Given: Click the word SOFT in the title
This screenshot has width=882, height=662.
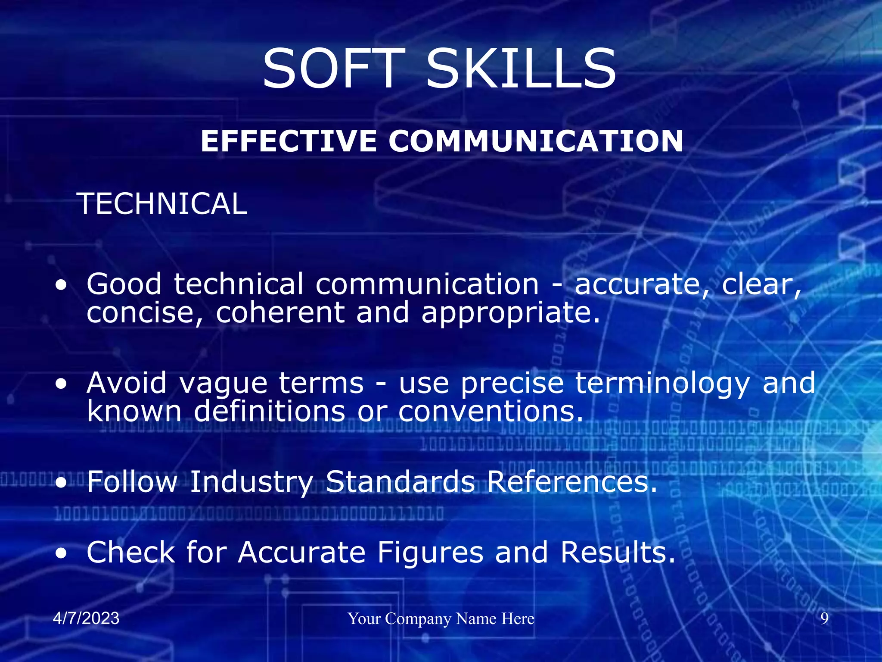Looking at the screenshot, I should coord(334,69).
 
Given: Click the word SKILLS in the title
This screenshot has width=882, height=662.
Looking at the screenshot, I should coord(521,69).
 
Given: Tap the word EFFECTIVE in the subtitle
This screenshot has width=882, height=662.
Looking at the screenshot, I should coord(289,141).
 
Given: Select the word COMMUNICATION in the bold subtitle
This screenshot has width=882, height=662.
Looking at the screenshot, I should coord(536,141).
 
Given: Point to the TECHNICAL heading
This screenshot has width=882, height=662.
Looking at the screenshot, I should coord(162,204).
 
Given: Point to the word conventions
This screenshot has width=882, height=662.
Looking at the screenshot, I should coord(491,412).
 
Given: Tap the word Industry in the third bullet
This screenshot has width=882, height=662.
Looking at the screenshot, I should coord(252,482).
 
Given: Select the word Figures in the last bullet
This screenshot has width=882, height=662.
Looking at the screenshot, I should coord(430,553).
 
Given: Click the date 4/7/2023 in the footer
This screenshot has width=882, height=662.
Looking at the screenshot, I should coord(86,618).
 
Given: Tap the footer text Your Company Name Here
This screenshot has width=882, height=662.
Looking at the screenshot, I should coord(441,619).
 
